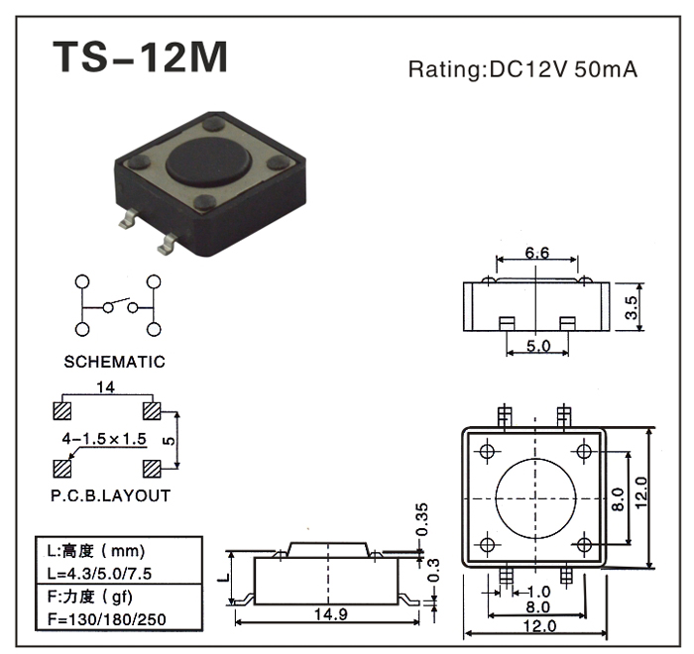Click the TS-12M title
coord(140,57)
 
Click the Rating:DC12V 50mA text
coord(522,70)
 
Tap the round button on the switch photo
coord(208,161)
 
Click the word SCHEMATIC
coord(115,362)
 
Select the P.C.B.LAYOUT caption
coord(111,495)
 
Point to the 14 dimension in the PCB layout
coord(107,387)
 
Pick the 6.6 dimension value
coord(536,253)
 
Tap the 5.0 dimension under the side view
coord(537,346)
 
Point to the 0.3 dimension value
coord(433,570)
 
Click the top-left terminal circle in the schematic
coord(82,284)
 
